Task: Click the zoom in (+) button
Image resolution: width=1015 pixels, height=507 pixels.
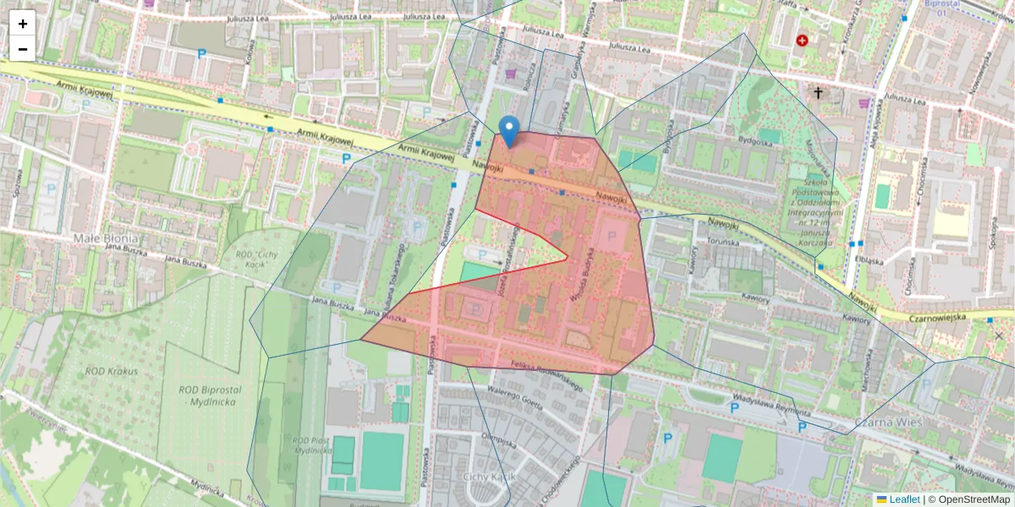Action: click(x=22, y=24)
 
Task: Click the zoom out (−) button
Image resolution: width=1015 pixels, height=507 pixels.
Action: click(x=22, y=49)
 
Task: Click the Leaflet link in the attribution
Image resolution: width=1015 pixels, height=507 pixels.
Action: click(x=904, y=499)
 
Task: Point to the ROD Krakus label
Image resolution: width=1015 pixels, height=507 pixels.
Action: click(x=111, y=371)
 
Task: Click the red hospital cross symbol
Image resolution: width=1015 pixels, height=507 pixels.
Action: click(x=802, y=40)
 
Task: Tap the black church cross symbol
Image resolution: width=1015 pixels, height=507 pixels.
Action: click(x=818, y=93)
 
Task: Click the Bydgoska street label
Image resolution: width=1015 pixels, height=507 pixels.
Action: click(x=755, y=143)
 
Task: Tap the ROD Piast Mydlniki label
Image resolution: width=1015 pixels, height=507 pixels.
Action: click(x=311, y=445)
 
